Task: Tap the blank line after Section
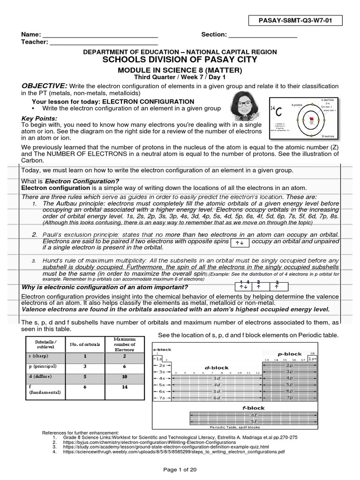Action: (x=263, y=36)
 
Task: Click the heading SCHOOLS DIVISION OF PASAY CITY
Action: (x=180, y=60)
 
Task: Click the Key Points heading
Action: (x=39, y=118)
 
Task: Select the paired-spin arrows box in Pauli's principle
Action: (x=239, y=242)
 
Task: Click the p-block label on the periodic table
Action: (x=289, y=354)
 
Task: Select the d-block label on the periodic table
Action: (x=216, y=367)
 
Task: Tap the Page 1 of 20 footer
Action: (x=180, y=470)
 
